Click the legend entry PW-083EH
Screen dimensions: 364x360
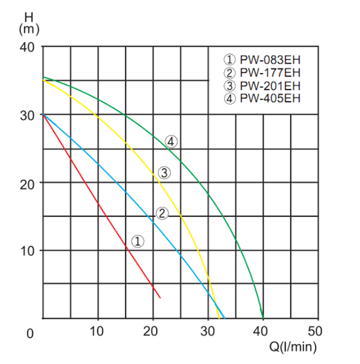pos(262,60)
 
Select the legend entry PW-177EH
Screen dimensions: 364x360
pos(262,73)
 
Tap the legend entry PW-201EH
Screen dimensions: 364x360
pos(262,86)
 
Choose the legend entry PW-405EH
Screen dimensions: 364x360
pos(262,98)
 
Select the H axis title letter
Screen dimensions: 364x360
pos(28,13)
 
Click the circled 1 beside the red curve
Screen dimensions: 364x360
pos(137,241)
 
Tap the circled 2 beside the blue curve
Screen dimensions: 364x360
pos(163,213)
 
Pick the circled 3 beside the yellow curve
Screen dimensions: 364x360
pos(165,173)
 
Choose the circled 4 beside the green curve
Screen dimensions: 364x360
pos(172,142)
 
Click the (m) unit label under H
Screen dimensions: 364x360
pos(28,28)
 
